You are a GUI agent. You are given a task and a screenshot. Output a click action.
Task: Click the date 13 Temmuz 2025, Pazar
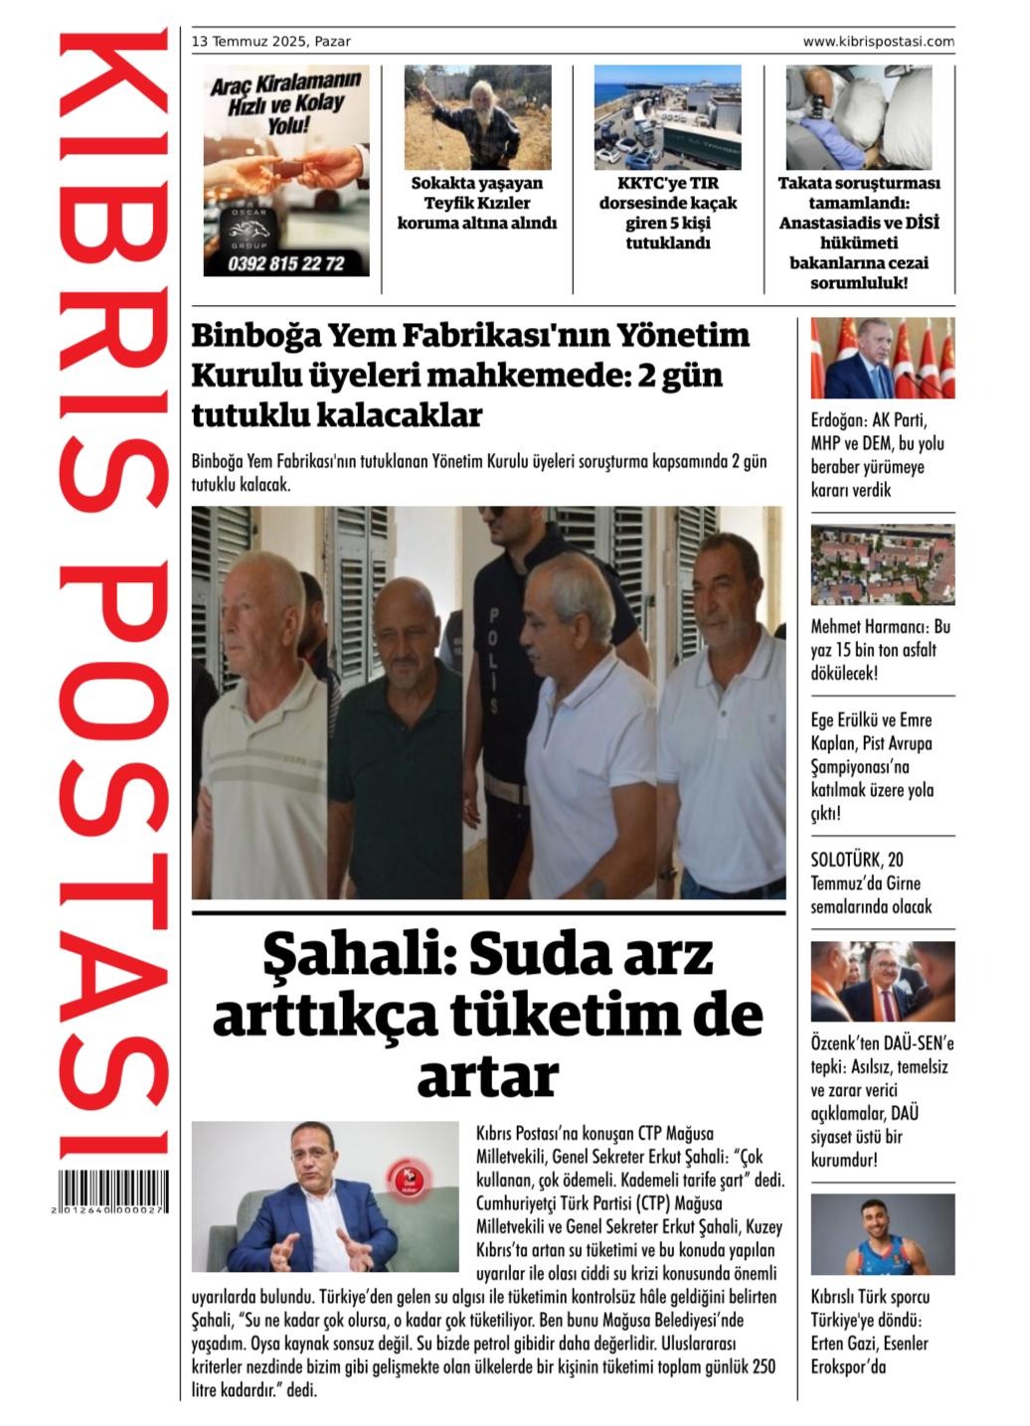click(270, 42)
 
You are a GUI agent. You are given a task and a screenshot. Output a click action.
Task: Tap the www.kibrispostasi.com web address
click(878, 42)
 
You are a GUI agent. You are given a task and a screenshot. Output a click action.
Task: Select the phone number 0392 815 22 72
click(285, 263)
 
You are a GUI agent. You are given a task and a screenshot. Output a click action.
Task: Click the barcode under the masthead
click(112, 1190)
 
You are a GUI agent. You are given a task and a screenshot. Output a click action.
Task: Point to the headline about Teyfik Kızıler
click(476, 203)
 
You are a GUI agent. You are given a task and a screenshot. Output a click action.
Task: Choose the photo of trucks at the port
click(667, 117)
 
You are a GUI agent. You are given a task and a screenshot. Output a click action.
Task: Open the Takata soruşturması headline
click(858, 233)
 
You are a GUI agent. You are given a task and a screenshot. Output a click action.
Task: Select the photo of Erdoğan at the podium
click(882, 358)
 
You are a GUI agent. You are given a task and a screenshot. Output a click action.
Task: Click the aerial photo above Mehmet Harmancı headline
click(882, 564)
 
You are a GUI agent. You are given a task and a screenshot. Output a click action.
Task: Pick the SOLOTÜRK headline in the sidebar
click(870, 882)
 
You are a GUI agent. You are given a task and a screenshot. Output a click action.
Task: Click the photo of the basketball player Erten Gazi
click(882, 1234)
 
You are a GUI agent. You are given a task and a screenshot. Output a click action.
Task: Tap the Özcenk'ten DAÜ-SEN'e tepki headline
click(881, 1101)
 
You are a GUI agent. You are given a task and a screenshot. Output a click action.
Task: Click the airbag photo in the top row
click(858, 117)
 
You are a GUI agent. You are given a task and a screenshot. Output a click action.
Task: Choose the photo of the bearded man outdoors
click(477, 117)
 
